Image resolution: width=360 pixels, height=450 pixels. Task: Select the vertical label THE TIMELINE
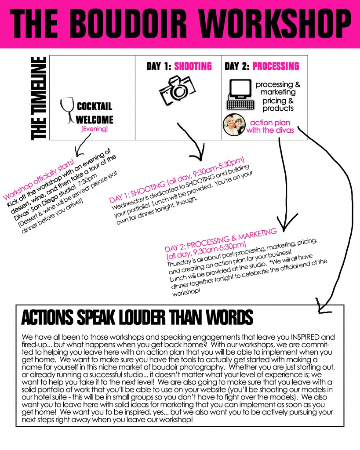click(39, 98)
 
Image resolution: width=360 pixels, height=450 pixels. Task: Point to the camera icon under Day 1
click(177, 91)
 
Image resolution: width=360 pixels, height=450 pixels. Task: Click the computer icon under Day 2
click(240, 95)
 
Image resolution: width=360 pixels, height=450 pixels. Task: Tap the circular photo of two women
click(234, 124)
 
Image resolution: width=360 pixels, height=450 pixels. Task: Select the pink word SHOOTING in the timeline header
click(193, 66)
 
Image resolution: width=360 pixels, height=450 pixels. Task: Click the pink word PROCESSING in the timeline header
click(276, 66)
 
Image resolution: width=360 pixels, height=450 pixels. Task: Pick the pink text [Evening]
click(95, 129)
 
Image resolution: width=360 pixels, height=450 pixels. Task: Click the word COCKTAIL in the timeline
click(95, 106)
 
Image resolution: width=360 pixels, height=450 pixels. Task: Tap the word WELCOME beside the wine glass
click(95, 120)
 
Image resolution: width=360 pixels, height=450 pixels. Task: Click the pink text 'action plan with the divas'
click(270, 126)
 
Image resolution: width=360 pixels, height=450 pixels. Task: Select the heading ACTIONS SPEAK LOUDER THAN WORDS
click(137, 317)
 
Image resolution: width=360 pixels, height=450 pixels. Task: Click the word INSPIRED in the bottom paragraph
click(305, 337)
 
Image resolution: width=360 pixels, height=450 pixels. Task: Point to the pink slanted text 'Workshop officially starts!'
click(39, 180)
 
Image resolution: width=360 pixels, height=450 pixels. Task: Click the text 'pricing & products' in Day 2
click(278, 105)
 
